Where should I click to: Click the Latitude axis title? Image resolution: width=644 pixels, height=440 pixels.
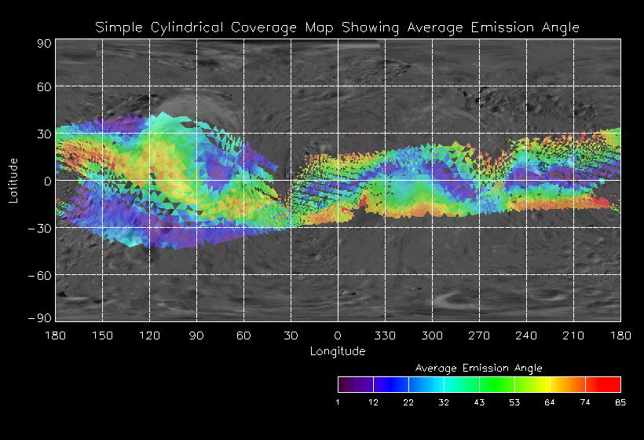point(13,180)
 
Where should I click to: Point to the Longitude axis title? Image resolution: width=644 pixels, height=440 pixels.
point(337,351)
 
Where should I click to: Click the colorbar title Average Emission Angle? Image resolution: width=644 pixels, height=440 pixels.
point(478,368)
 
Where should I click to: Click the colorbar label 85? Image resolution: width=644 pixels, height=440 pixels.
point(620,403)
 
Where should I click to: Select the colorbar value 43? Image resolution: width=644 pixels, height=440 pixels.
point(479,403)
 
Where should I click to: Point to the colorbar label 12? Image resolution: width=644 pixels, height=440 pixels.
point(374,403)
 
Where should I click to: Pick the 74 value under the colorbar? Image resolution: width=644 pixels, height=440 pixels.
point(585,403)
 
